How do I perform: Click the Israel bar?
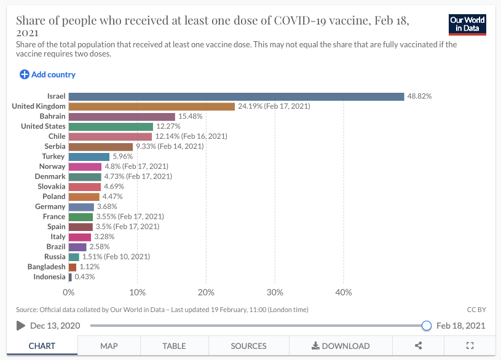tap(236, 96)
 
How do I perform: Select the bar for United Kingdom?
tap(152, 106)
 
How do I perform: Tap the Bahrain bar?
tap(122, 116)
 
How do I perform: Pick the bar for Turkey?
tap(89, 157)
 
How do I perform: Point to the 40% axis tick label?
tap(344, 292)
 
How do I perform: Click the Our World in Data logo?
tap(468, 25)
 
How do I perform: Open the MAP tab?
tap(109, 346)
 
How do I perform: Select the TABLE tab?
tap(174, 346)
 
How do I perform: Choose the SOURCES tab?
tap(248, 346)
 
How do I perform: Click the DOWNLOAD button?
tap(341, 346)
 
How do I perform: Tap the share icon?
tap(418, 346)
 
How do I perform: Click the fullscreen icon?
tap(470, 346)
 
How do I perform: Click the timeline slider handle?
tap(427, 326)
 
